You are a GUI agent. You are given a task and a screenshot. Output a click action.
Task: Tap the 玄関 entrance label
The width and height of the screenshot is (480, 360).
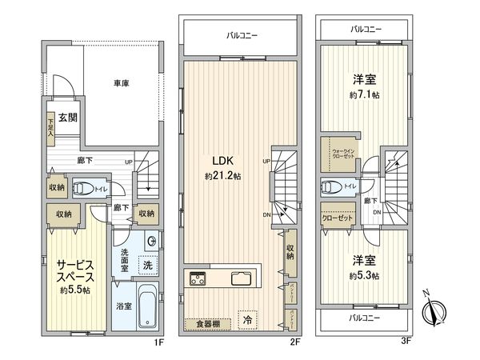tap(66, 118)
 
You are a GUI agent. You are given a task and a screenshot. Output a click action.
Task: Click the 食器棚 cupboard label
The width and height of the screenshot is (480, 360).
tap(207, 323)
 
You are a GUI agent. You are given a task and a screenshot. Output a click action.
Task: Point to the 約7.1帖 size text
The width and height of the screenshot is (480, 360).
tap(364, 95)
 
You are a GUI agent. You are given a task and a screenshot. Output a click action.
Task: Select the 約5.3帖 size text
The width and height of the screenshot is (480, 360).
tap(364, 275)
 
